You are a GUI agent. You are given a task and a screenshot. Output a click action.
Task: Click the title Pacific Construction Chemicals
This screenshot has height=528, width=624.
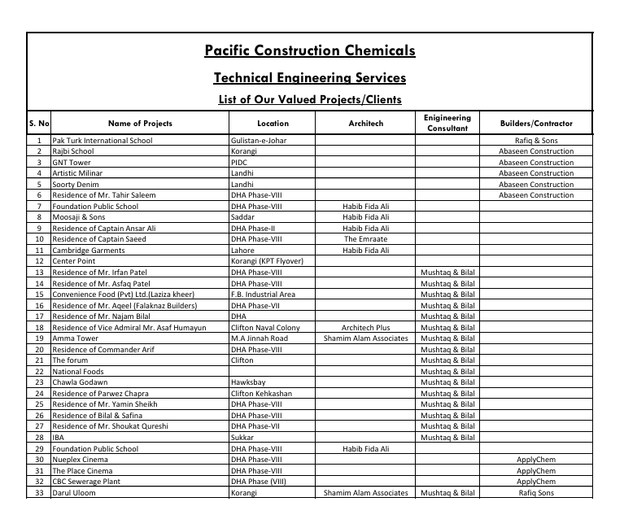310,51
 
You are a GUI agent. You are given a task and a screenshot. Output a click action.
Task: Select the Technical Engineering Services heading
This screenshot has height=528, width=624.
310,78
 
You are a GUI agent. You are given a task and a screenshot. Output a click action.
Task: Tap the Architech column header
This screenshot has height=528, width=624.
365,124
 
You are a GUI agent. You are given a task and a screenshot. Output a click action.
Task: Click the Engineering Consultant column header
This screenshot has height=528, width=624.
447,124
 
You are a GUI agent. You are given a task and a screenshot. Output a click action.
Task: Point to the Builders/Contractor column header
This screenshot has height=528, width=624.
536,124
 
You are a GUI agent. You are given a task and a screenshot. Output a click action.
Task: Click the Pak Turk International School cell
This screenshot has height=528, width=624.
102,141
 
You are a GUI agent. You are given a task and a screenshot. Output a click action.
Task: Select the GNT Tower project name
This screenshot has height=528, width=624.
72,163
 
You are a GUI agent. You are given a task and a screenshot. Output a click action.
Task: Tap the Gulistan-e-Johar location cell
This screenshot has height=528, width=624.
259,141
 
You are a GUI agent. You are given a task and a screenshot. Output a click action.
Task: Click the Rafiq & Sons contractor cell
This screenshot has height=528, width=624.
536,141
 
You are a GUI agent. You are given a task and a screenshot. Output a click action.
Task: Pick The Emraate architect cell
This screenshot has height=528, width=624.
365,239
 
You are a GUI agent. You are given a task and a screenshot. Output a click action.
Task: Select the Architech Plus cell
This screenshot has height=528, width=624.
365,328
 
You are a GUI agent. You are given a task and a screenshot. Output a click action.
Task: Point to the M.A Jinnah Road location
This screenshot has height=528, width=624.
259,338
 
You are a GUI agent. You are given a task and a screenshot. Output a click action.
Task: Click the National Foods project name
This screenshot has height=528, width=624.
78,372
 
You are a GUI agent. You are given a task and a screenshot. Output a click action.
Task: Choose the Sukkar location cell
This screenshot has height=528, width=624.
243,438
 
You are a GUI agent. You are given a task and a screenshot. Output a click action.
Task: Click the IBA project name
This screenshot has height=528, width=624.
59,438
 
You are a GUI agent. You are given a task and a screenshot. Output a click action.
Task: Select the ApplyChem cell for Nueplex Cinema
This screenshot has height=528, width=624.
536,460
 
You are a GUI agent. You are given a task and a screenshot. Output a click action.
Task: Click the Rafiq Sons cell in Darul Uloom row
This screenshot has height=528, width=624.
536,493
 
